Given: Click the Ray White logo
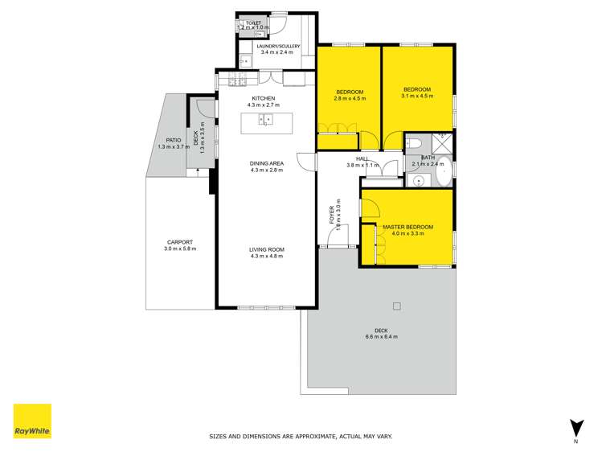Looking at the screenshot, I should tap(32, 421).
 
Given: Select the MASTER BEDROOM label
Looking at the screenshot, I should tap(407, 228).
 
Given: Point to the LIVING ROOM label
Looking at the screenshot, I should tap(267, 249).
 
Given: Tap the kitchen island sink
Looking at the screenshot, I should tap(266, 121).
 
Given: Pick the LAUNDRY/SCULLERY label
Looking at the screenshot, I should tap(278, 47).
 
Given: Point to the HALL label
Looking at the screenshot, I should tap(362, 159).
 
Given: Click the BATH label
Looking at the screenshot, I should tap(428, 158).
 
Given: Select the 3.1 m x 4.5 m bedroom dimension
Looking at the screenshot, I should tap(417, 96).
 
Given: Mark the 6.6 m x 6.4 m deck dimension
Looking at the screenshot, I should tap(380, 336).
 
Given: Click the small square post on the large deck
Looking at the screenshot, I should tap(396, 306).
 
